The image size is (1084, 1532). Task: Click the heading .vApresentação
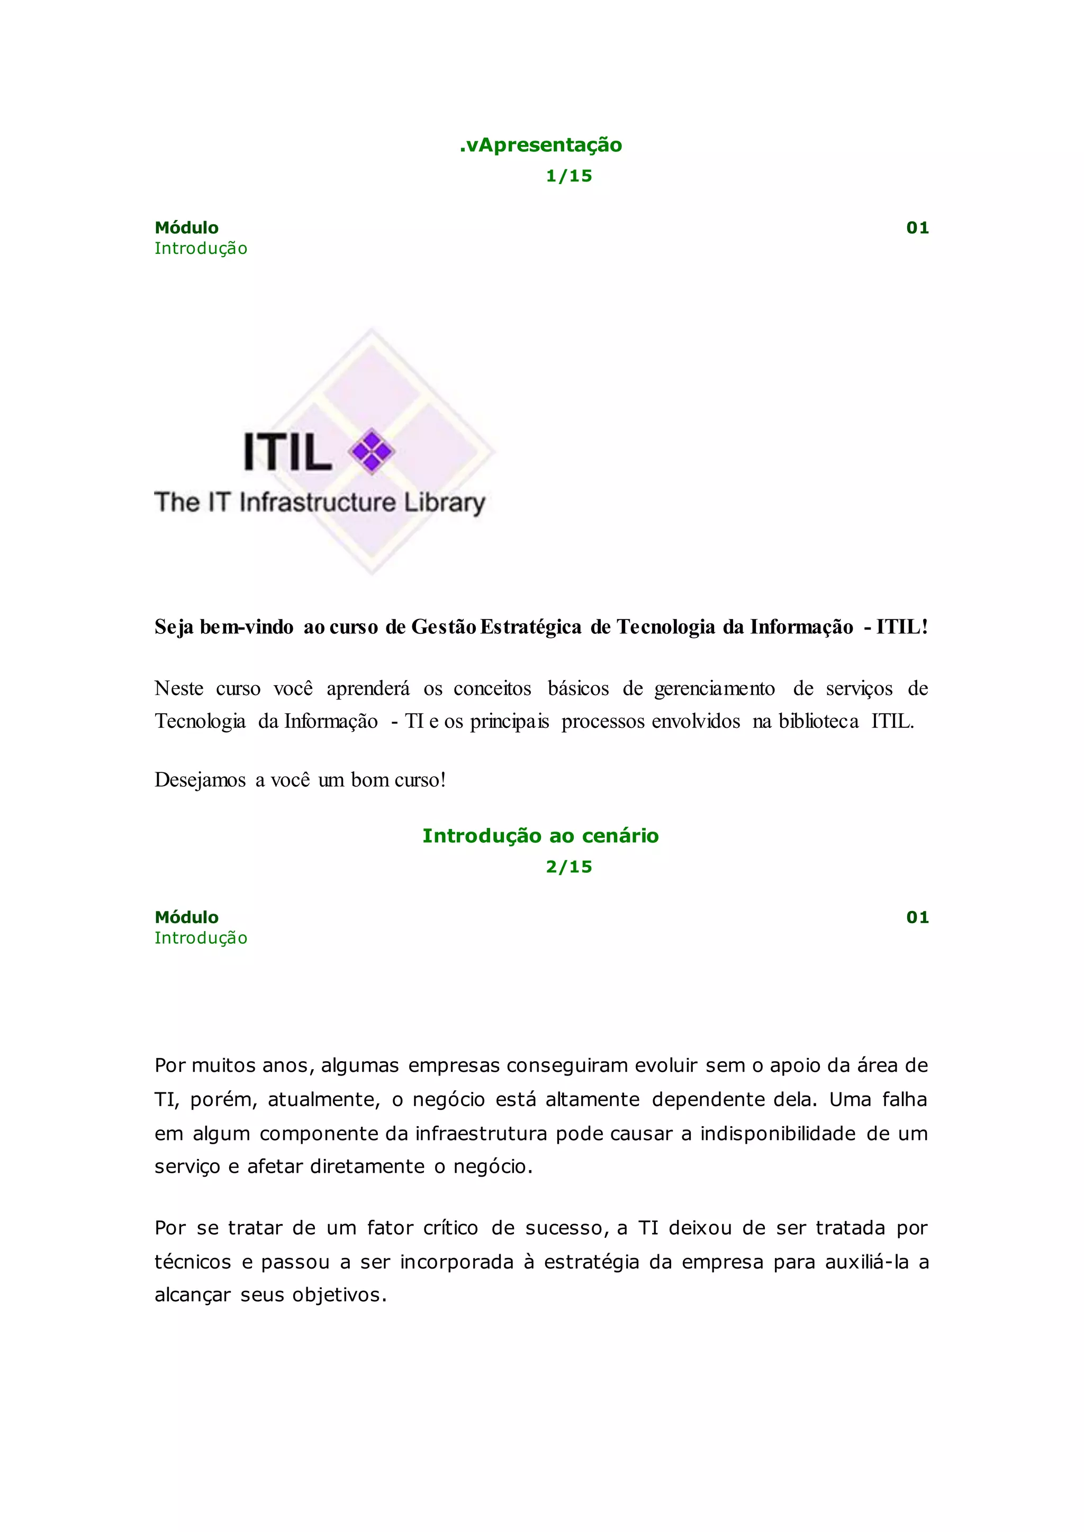pyautogui.click(x=540, y=145)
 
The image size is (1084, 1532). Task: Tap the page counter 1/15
pyautogui.click(x=568, y=176)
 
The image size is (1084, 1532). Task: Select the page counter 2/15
pyautogui.click(x=568, y=867)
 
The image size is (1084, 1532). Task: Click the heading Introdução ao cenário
pyautogui.click(x=540, y=835)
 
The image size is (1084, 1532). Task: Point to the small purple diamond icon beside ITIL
pyautogui.click(x=372, y=452)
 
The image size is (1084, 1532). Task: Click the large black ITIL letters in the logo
pyautogui.click(x=288, y=452)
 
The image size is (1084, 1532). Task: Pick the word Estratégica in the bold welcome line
pyautogui.click(x=531, y=627)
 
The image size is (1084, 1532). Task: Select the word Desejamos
pyautogui.click(x=200, y=779)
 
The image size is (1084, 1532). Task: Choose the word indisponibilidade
pyautogui.click(x=778, y=1134)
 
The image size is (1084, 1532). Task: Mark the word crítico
pyautogui.click(x=450, y=1228)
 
